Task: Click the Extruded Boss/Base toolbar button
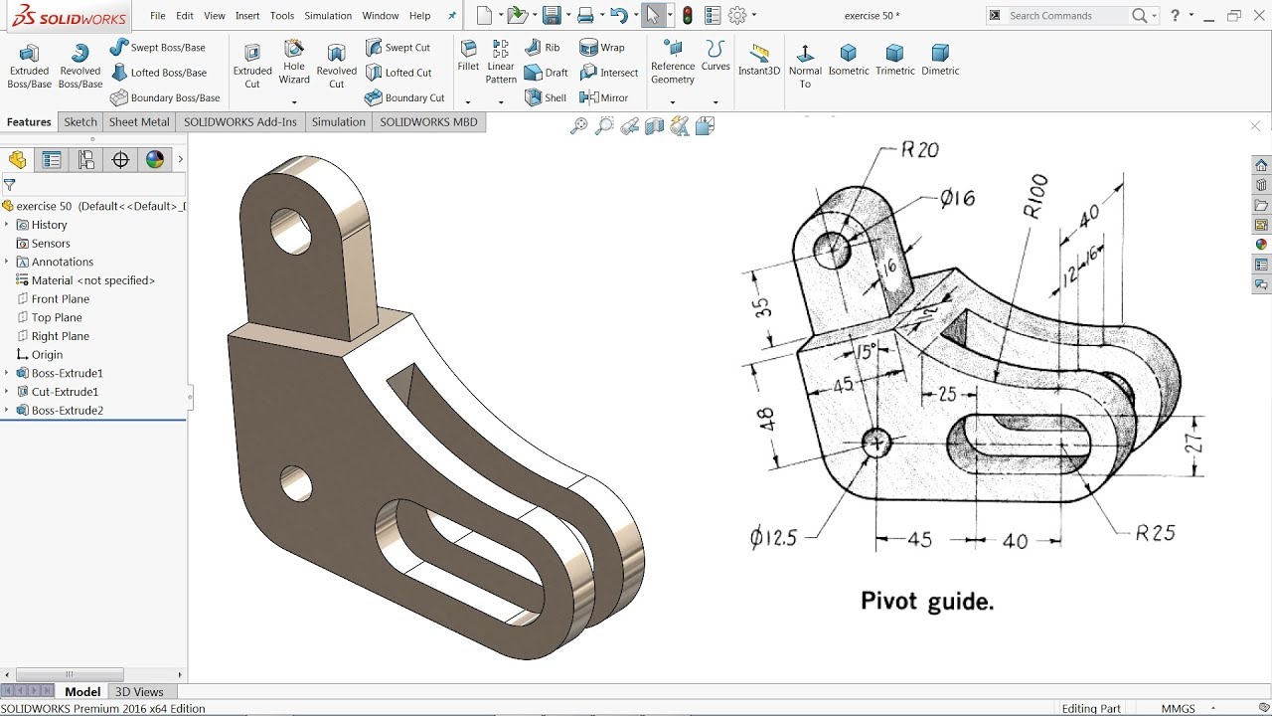click(29, 66)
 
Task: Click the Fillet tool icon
click(468, 56)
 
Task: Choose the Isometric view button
click(848, 60)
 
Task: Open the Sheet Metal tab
click(139, 122)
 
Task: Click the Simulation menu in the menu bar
click(328, 16)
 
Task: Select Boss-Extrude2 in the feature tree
click(67, 411)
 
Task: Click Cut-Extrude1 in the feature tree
click(65, 392)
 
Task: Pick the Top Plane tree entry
click(57, 317)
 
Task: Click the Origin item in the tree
click(47, 355)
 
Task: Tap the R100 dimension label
click(1035, 196)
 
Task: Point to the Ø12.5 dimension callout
click(774, 538)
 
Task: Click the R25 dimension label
click(1156, 533)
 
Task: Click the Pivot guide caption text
click(926, 601)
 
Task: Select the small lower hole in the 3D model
click(296, 483)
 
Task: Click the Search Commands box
click(1063, 16)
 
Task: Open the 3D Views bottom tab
click(139, 692)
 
